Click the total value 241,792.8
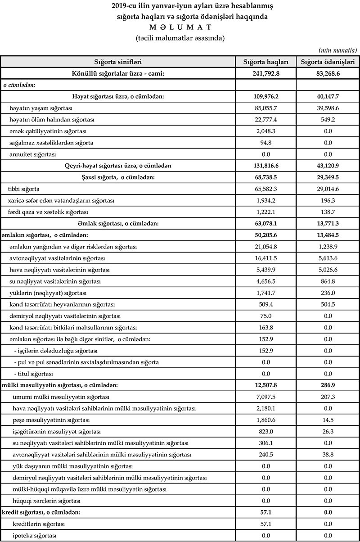point(265,73)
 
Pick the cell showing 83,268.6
point(328,73)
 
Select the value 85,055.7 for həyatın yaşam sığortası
point(265,108)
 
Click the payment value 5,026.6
point(328,270)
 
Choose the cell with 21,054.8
point(265,247)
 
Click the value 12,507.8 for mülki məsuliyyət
point(265,385)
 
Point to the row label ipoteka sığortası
point(35,535)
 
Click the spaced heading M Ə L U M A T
point(180,27)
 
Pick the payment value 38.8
point(328,455)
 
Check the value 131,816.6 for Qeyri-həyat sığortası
point(265,166)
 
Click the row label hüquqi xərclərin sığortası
point(44,501)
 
